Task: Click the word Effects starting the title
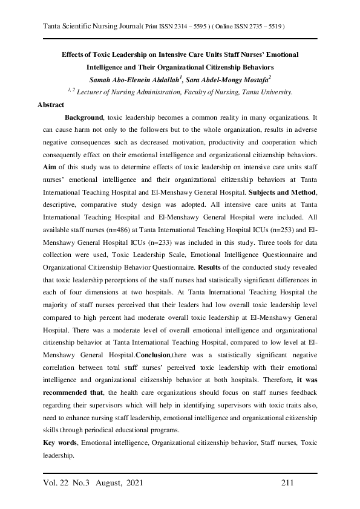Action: tap(74, 54)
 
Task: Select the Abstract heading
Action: tap(51, 105)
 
